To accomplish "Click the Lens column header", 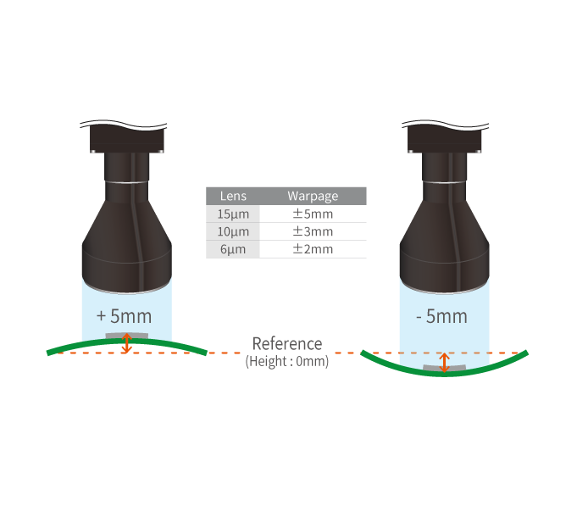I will pyautogui.click(x=233, y=196).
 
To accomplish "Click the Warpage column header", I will pyautogui.click(x=313, y=196).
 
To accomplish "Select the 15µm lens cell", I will pyautogui.click(x=233, y=214).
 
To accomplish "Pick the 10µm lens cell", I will pyautogui.click(x=233, y=231).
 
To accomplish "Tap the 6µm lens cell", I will pyautogui.click(x=233, y=249).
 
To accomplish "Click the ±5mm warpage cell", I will pyautogui.click(x=313, y=214).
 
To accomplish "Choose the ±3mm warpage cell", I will pyautogui.click(x=313, y=231).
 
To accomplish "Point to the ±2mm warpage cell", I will pyautogui.click(x=313, y=249).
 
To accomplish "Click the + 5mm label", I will pyautogui.click(x=125, y=316).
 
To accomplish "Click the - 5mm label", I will pyautogui.click(x=441, y=316).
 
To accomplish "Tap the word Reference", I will pyautogui.click(x=287, y=344).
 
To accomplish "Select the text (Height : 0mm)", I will pyautogui.click(x=287, y=361).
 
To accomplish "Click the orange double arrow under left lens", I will pyautogui.click(x=127, y=343).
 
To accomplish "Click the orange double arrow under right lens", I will pyautogui.click(x=444, y=362).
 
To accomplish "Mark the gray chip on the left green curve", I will pyautogui.click(x=126, y=336).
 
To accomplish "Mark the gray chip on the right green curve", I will pyautogui.click(x=444, y=369).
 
